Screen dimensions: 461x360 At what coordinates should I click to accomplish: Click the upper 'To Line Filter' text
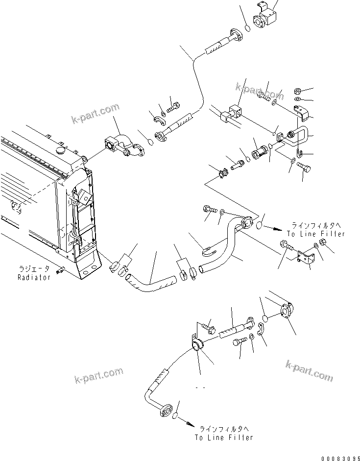pyautogui.click(x=316, y=234)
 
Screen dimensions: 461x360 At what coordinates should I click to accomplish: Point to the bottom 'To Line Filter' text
pyautogui.click(x=223, y=437)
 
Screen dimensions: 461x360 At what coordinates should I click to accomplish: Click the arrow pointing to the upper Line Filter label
pyautogui.click(x=278, y=228)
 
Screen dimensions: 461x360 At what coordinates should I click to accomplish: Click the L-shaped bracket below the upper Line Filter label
pyautogui.click(x=306, y=257)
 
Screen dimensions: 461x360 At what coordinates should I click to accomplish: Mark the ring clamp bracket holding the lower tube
pyautogui.click(x=198, y=346)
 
